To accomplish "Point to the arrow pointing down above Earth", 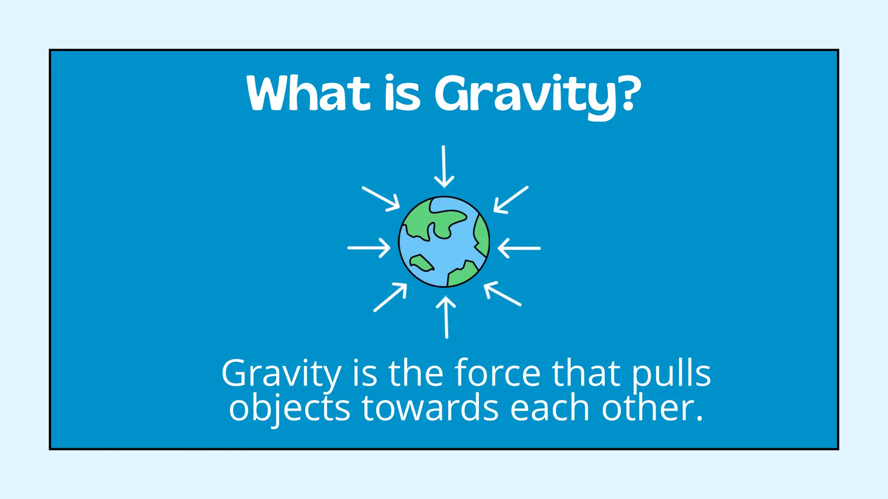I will pyautogui.click(x=444, y=167).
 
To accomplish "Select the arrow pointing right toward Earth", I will pyautogui.click(x=369, y=248).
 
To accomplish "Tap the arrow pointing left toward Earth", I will pyautogui.click(x=519, y=248).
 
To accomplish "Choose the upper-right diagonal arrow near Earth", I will pyautogui.click(x=511, y=200).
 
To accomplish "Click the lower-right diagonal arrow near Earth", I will pyautogui.click(x=503, y=294).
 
